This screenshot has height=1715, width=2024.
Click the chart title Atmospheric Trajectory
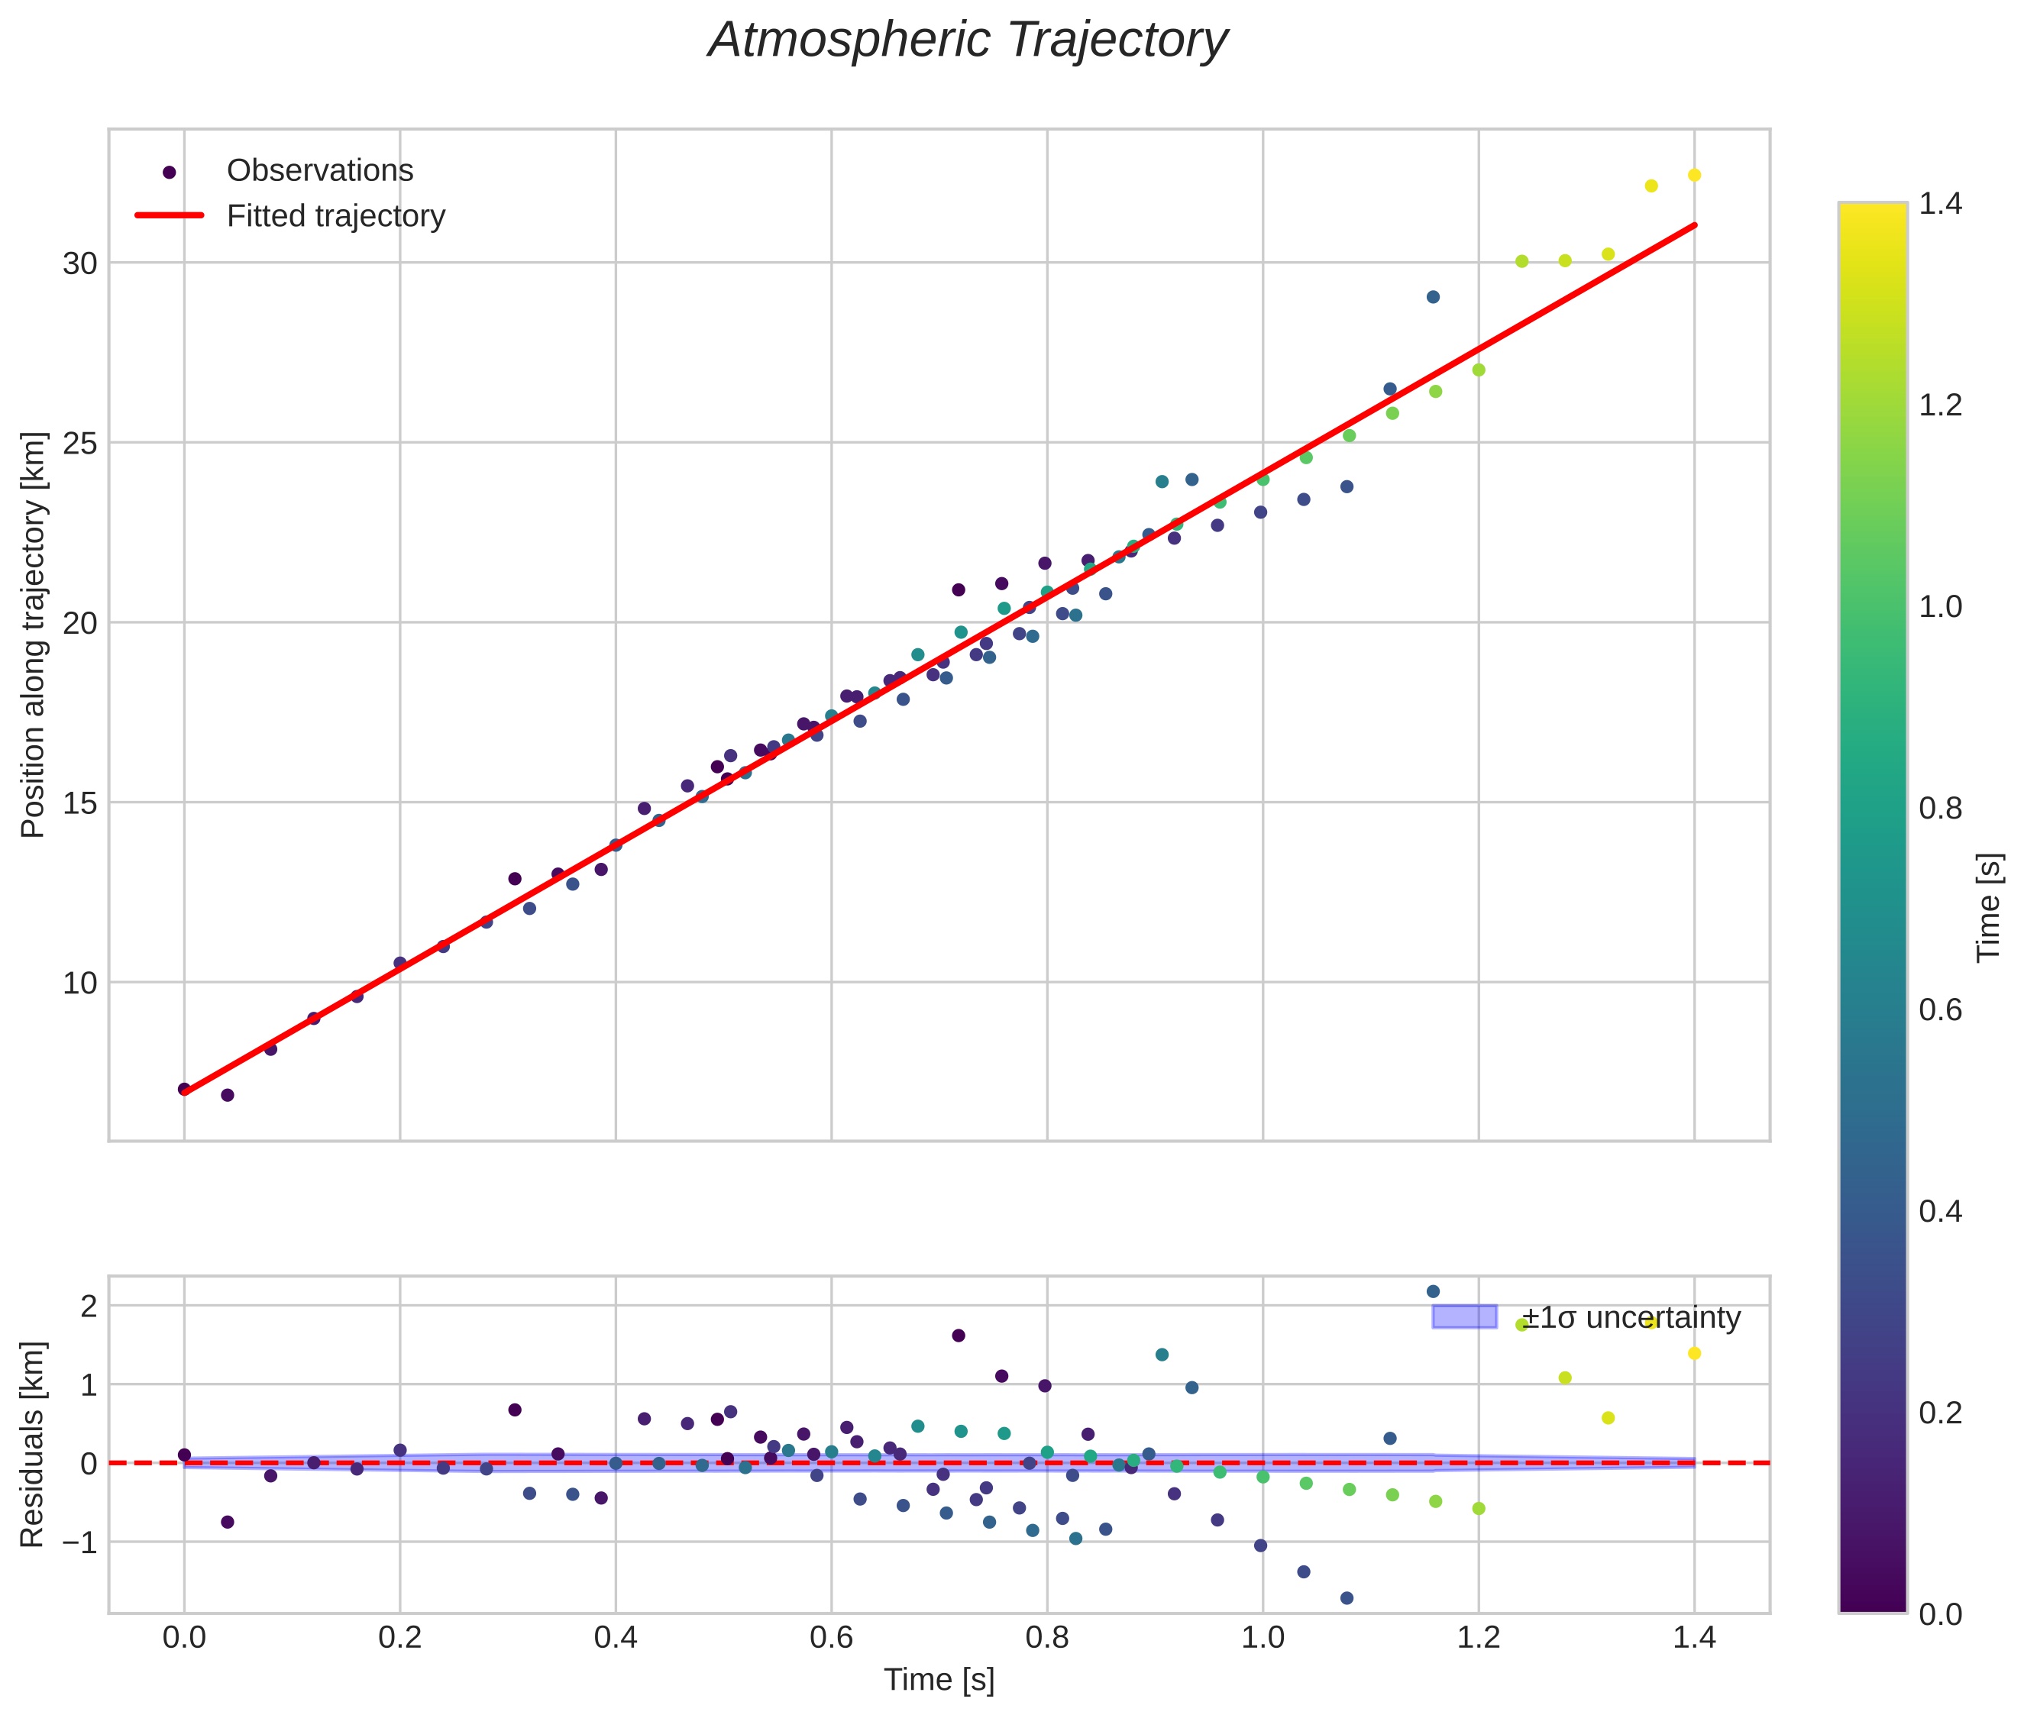(967, 40)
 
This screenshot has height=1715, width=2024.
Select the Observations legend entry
(319, 171)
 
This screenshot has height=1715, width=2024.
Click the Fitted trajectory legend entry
(335, 216)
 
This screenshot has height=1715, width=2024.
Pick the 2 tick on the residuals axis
(89, 1306)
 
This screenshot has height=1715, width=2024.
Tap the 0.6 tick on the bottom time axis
(831, 1638)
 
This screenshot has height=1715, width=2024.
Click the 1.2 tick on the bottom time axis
(1479, 1638)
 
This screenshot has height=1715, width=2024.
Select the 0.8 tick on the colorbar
(1939, 809)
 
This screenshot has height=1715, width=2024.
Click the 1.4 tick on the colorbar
(1939, 204)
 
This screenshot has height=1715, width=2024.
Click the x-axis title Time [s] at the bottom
(939, 1680)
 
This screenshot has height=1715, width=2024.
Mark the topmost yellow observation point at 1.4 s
(1693, 175)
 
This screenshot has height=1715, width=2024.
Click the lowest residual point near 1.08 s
(1346, 1597)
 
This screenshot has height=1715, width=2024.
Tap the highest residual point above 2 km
(1431, 1291)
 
